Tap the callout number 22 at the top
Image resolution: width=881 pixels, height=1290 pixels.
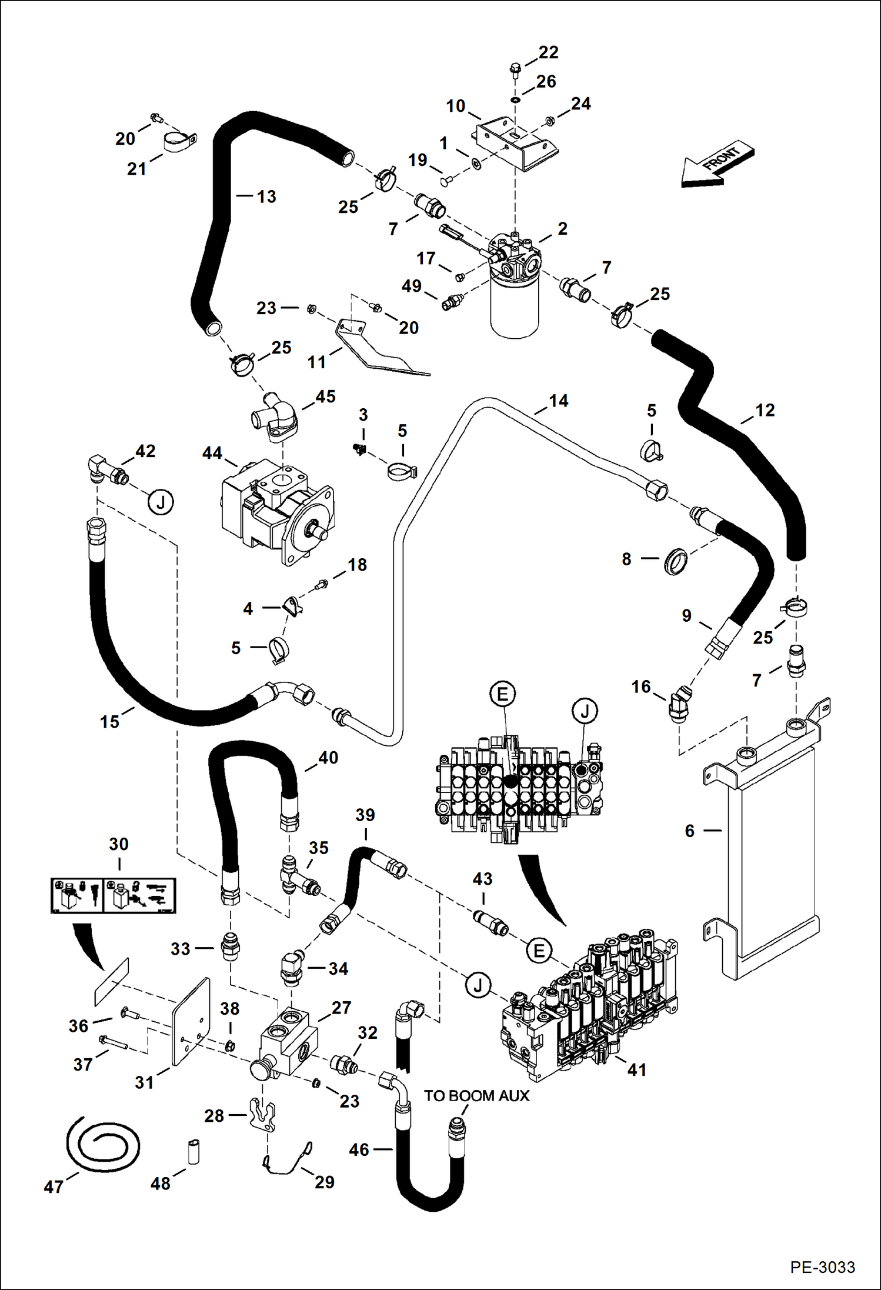[x=548, y=52]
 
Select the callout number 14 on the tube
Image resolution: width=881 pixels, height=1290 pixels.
[x=558, y=401]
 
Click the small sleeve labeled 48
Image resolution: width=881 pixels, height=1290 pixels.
[x=193, y=1151]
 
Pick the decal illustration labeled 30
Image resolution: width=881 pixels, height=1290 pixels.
[x=113, y=895]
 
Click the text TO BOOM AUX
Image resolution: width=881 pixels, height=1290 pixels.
[x=476, y=1095]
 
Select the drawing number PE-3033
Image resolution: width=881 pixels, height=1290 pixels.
[x=822, y=1266]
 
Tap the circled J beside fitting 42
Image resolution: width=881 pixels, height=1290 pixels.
[x=161, y=502]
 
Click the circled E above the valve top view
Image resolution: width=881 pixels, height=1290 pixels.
[x=502, y=694]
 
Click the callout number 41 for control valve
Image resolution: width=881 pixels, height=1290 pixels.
[x=637, y=1069]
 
